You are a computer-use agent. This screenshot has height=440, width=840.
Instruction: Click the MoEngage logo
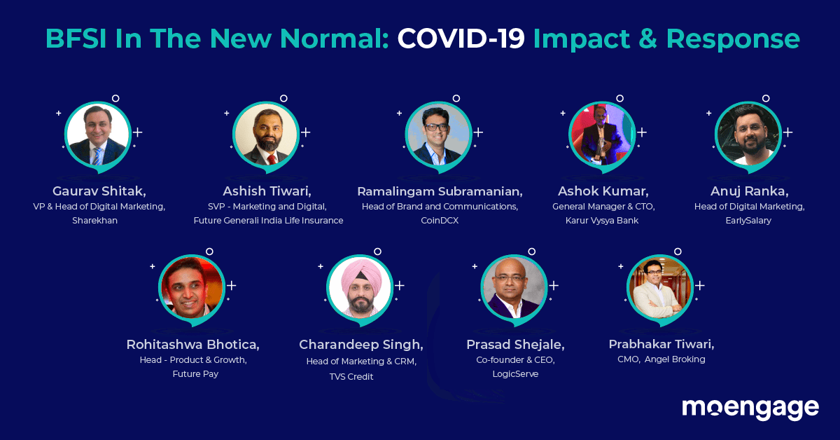[x=750, y=409]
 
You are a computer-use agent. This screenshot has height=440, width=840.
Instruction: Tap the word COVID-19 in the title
[x=461, y=39]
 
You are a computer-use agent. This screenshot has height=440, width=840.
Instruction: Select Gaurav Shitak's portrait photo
[x=98, y=135]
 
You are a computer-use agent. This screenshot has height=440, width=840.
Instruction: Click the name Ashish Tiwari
[x=267, y=191]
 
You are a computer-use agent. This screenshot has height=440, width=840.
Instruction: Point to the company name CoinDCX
[x=440, y=221]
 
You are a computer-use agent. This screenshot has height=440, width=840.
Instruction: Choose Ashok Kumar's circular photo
[x=602, y=135]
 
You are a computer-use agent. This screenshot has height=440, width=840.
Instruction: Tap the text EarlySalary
[x=748, y=221]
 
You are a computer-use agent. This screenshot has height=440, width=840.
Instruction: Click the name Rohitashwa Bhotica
[x=192, y=345]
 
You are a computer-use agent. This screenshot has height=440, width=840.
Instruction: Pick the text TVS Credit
[x=351, y=376]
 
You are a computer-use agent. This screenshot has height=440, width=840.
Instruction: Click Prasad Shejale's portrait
[x=514, y=287]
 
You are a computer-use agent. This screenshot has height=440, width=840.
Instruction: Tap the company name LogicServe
[x=515, y=374]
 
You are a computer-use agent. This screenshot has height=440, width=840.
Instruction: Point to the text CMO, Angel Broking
[x=661, y=359]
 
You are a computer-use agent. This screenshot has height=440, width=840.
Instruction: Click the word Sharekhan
[x=95, y=221]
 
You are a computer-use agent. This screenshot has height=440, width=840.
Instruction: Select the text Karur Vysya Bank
[x=602, y=221]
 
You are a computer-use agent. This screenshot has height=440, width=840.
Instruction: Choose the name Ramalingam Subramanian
[x=440, y=191]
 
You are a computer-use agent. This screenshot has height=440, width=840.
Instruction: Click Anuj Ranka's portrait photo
[x=748, y=135]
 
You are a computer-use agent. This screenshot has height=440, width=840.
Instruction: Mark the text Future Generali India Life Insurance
[x=269, y=221]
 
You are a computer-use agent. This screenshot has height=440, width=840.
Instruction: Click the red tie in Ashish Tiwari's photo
[x=272, y=159]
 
